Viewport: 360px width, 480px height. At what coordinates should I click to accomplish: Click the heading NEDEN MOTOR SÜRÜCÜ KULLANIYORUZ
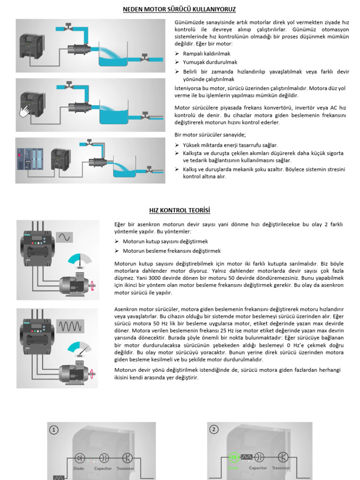tap(180, 9)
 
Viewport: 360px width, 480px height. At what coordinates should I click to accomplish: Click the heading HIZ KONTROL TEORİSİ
tap(180, 210)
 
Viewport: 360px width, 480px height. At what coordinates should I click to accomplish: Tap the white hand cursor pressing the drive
tap(23, 112)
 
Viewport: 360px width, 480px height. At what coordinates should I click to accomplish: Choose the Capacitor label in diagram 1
tap(103, 468)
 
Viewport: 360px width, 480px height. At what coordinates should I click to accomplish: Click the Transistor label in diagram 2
tap(281, 468)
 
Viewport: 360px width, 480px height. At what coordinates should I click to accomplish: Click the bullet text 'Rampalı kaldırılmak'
tap(203, 54)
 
